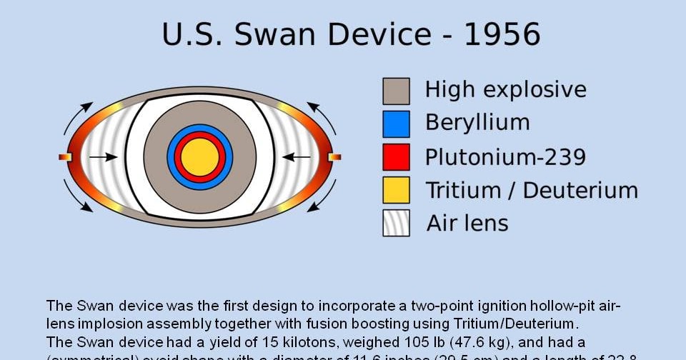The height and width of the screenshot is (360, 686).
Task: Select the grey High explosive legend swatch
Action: pyautogui.click(x=396, y=91)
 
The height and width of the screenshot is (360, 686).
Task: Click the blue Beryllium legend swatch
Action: pyautogui.click(x=396, y=124)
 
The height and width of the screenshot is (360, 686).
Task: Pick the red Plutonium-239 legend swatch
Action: pyautogui.click(x=396, y=156)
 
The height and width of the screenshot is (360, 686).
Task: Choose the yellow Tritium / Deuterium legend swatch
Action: pyautogui.click(x=396, y=190)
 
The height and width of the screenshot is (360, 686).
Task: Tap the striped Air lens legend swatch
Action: pyautogui.click(x=396, y=223)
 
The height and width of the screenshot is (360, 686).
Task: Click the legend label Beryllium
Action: pyautogui.click(x=477, y=123)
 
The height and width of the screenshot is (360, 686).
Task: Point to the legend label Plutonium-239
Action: pyautogui.click(x=505, y=156)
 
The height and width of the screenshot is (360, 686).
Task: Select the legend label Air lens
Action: pyautogui.click(x=467, y=223)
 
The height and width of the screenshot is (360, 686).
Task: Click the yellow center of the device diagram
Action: pyautogui.click(x=199, y=156)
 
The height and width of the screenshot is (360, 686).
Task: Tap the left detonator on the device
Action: pyautogui.click(x=65, y=156)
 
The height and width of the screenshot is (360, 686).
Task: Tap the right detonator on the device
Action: pyautogui.click(x=334, y=156)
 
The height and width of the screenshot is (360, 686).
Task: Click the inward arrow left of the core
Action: pyautogui.click(x=104, y=156)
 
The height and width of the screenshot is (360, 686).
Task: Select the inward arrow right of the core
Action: pyautogui.click(x=296, y=156)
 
